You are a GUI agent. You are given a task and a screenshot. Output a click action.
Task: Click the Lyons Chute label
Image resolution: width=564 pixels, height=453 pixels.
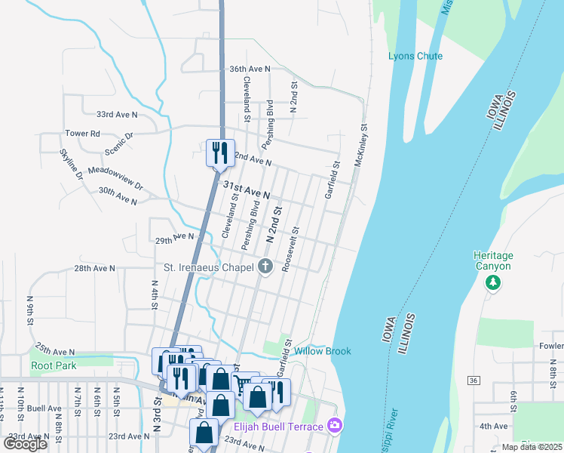[x=415, y=57]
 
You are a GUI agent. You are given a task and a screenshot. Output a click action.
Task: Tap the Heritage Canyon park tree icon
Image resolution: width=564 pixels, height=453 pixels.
[x=492, y=282]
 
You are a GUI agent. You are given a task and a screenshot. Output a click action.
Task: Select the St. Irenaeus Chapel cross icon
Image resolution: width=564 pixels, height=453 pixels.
[x=265, y=267]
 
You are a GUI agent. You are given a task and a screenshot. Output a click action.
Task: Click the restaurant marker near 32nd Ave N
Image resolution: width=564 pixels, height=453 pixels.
[x=220, y=153]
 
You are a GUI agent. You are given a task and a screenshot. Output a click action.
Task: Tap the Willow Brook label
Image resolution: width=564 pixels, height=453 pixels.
[x=322, y=351]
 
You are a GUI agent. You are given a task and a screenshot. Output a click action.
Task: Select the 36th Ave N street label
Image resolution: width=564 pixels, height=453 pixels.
[x=250, y=69]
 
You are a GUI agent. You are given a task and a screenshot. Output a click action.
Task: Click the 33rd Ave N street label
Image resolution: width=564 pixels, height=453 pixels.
[x=117, y=115]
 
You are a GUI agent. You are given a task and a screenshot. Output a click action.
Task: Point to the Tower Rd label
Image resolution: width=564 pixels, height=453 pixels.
[x=82, y=134]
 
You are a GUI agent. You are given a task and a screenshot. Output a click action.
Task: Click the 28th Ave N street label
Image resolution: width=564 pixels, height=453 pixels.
[x=94, y=268]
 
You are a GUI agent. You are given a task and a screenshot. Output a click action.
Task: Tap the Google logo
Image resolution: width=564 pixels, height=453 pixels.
[x=26, y=444]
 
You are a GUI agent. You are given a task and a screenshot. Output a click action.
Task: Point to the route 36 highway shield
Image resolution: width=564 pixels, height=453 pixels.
[x=472, y=379]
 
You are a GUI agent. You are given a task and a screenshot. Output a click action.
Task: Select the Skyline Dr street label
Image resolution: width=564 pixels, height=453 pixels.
[x=72, y=165]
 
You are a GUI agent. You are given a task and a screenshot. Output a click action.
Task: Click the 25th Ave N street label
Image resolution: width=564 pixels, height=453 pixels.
[x=54, y=351]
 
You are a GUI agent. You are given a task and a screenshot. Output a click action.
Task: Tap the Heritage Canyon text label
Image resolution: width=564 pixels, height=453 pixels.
[x=492, y=261]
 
